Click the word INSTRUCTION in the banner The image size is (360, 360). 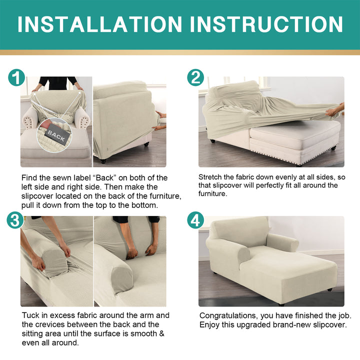coord(266,24)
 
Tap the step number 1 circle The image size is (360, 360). coord(16,77)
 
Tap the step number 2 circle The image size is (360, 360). coord(195,77)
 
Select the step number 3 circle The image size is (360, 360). coord(15,220)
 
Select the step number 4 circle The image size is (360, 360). coord(195,220)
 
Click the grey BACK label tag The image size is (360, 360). coord(56,135)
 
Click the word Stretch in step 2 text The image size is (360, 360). coord(210,177)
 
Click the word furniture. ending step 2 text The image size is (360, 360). coord(213,194)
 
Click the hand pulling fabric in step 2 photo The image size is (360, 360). coord(334,110)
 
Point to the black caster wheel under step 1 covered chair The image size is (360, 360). coord(103,161)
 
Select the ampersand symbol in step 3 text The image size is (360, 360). coord(162,333)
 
